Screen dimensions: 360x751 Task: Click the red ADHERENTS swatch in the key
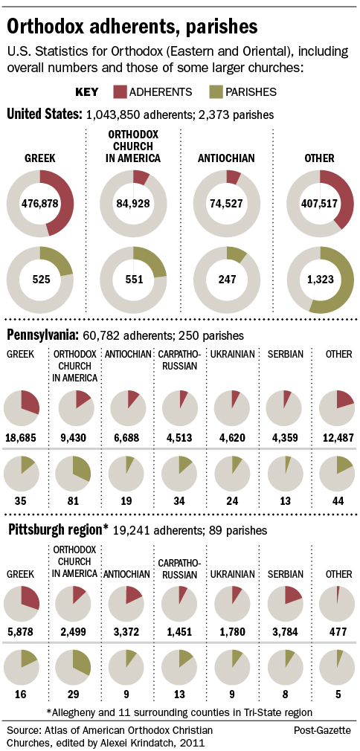point(120,92)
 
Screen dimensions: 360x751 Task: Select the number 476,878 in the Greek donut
point(40,204)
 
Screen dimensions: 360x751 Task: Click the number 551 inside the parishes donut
point(133,280)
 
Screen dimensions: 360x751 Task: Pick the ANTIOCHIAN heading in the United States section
point(226,158)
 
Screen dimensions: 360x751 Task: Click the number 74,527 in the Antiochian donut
point(227,204)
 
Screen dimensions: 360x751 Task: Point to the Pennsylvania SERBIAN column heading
point(285,355)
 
